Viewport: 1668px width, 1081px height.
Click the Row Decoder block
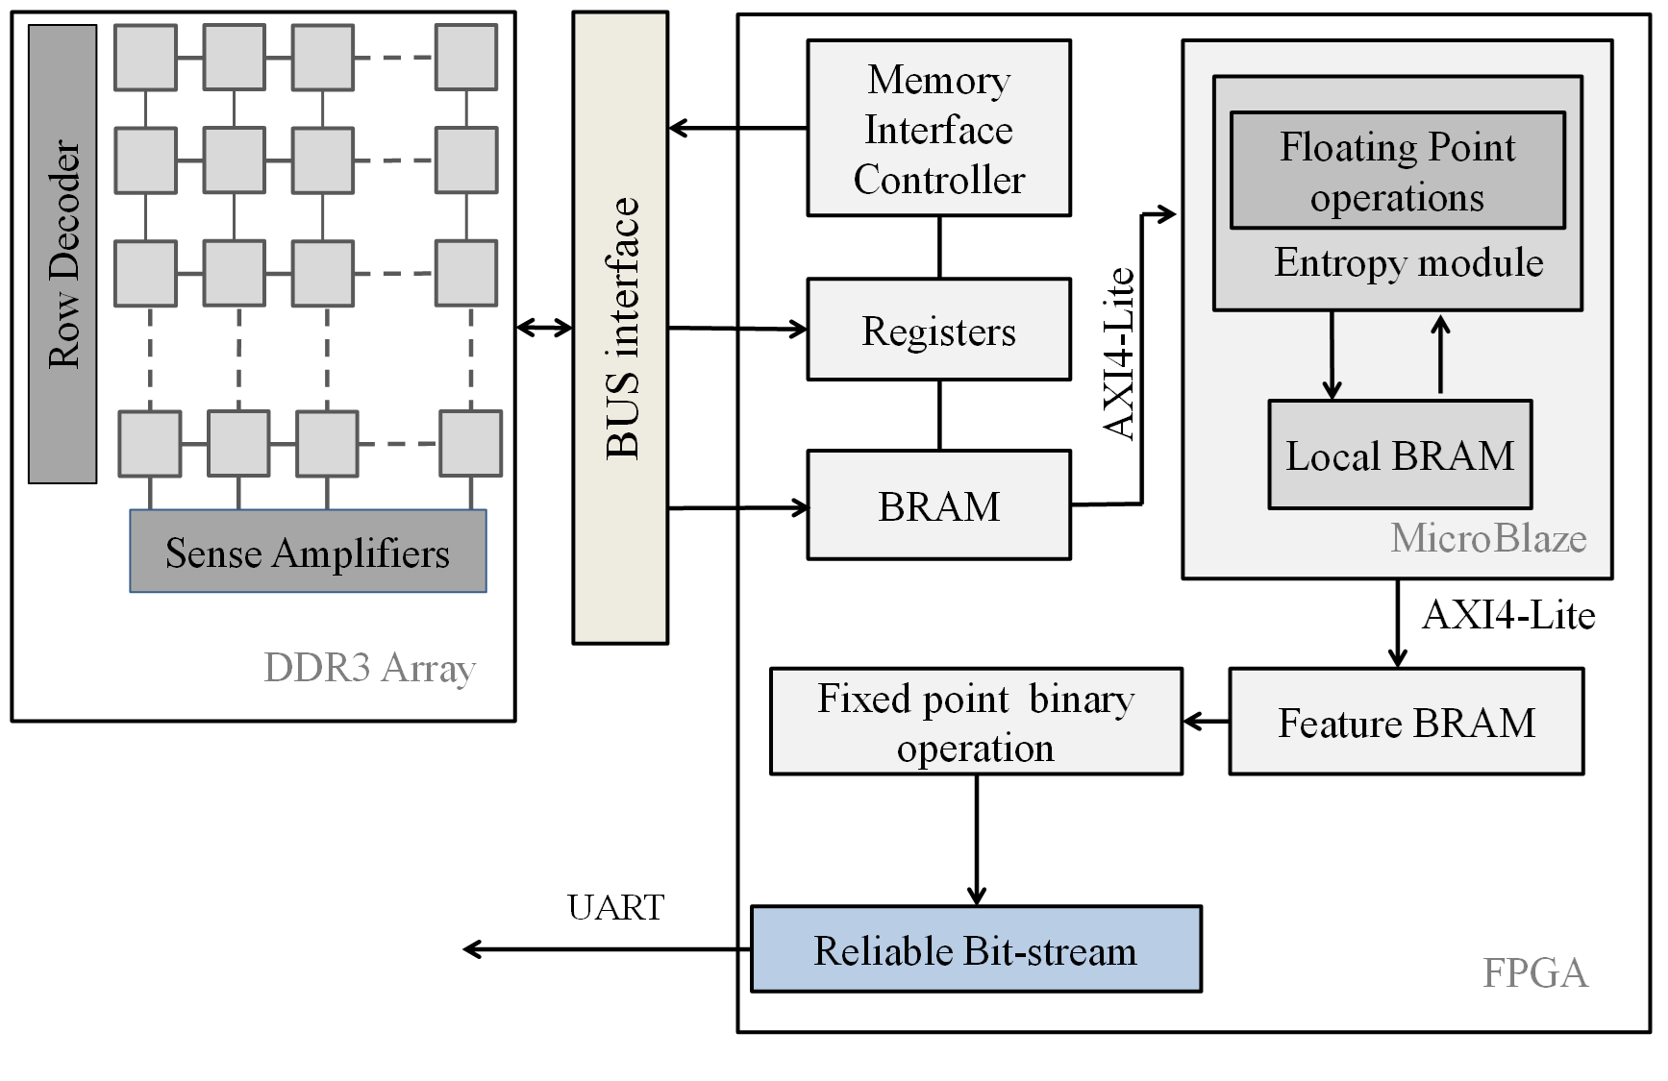click(62, 254)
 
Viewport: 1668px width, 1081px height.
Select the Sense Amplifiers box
click(308, 552)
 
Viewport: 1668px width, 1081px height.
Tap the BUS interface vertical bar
click(620, 327)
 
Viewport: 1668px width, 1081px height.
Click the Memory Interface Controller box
click(938, 128)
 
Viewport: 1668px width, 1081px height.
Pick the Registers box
click(938, 331)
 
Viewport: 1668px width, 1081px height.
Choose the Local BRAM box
click(1399, 455)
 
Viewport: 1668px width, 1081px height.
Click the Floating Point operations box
click(1397, 171)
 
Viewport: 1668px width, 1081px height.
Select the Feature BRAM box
click(1406, 723)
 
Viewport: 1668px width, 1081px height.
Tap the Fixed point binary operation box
click(976, 723)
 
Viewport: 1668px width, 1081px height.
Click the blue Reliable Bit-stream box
click(976, 949)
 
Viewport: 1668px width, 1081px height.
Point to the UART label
click(615, 907)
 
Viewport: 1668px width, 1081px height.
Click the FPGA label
click(1534, 972)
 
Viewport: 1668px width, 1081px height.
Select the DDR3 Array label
click(369, 667)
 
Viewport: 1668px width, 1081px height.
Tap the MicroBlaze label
click(1488, 538)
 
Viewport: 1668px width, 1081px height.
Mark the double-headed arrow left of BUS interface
click(544, 328)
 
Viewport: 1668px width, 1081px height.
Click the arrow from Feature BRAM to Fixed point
click(1206, 722)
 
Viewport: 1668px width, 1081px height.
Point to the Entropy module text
click(1408, 262)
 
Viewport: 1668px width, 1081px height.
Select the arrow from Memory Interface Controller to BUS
click(736, 128)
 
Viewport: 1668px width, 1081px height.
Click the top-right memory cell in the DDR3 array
click(466, 58)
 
